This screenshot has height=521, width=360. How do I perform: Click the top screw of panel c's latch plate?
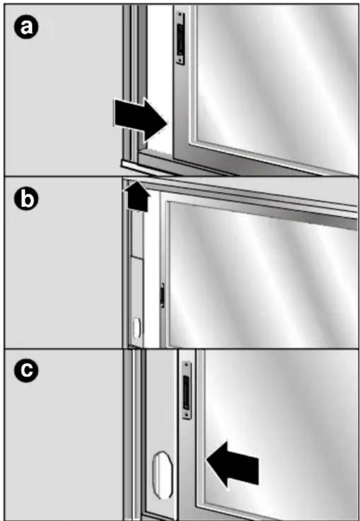186,366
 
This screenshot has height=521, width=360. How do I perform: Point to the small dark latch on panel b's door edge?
162,295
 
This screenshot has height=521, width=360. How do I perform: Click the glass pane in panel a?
277,80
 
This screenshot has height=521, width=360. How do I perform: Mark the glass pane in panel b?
261,277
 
